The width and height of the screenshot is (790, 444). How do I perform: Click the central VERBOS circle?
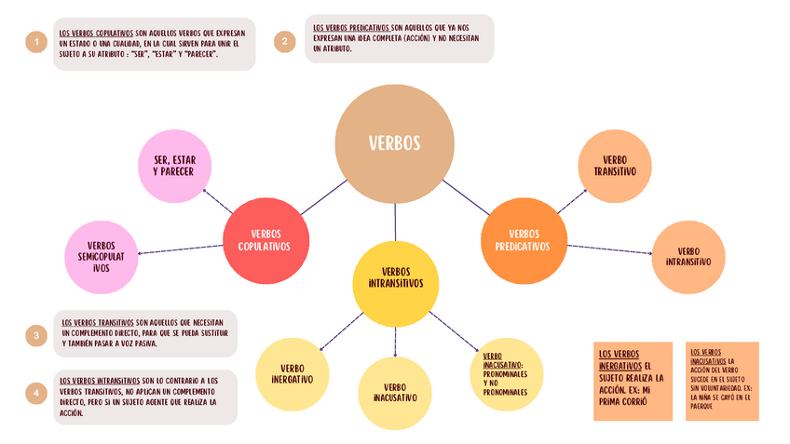[x=395, y=143]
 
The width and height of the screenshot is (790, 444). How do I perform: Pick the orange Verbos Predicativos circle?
[x=523, y=241]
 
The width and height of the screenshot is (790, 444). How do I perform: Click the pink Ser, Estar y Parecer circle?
[x=173, y=166]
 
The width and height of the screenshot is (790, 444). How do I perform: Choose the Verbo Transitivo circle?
[x=614, y=166]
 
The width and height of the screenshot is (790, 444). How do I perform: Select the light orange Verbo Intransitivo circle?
[x=688, y=256]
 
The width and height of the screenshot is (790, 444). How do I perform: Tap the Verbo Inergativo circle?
[x=292, y=373]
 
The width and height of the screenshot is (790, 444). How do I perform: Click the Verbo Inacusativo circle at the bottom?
[x=395, y=392]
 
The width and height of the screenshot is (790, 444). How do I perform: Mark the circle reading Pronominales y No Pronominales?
[x=506, y=373]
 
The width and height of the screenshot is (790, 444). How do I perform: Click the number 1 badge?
[x=36, y=43]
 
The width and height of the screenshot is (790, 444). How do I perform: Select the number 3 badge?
[x=36, y=336]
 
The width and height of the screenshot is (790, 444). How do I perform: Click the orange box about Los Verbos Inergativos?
[x=633, y=381]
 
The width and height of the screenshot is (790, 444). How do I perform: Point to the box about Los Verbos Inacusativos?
[x=723, y=381]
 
